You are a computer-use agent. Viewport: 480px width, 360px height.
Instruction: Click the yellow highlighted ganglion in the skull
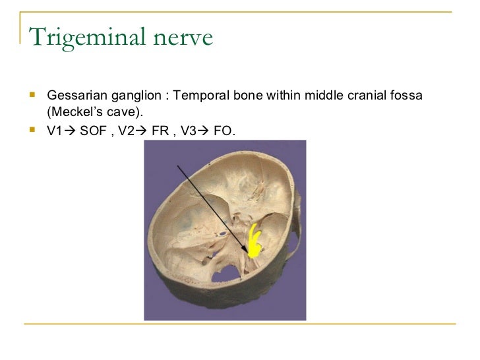[x=255, y=241]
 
